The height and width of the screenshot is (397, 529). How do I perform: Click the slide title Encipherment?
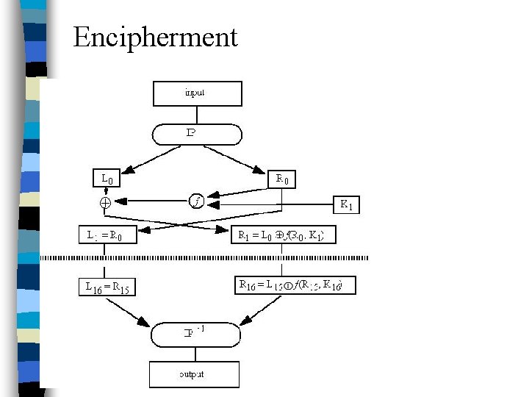coord(155,37)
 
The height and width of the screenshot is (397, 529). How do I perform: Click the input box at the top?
coord(196,93)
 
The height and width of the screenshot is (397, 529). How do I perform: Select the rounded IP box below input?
coord(196,134)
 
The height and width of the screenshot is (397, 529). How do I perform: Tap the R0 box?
coord(283,178)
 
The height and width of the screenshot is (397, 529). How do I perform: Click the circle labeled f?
coord(196,200)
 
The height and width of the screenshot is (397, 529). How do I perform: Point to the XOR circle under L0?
coord(105,201)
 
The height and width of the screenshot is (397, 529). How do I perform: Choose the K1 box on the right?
coord(348,205)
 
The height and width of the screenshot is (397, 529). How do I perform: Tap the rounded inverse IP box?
coord(196,334)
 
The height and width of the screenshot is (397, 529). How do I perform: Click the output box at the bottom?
coord(195,374)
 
